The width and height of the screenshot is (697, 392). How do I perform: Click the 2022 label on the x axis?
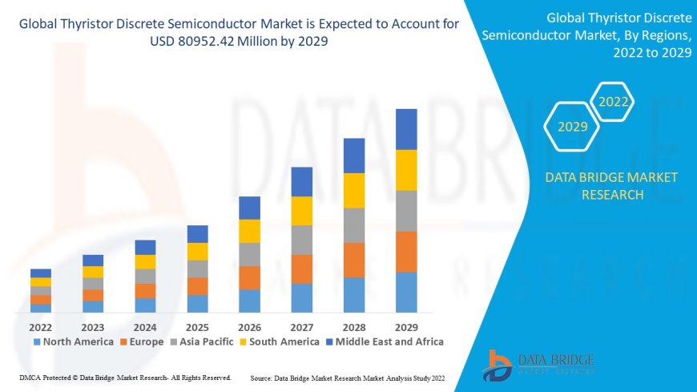(41, 327)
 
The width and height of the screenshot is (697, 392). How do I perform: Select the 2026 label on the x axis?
(249, 327)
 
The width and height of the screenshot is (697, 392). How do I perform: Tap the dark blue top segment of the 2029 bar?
(406, 129)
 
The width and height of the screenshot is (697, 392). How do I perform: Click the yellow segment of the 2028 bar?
(354, 190)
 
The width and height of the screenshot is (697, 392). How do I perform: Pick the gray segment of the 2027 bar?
(301, 240)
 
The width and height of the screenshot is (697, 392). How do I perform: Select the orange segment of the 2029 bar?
(406, 252)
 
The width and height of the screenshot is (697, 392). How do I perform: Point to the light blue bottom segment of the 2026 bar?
(249, 301)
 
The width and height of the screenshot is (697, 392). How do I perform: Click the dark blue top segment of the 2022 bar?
(41, 273)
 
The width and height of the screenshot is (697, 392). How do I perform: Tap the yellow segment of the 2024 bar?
(145, 261)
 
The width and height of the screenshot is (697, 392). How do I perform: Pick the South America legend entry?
(280, 341)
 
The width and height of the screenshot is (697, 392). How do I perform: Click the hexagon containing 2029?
(573, 127)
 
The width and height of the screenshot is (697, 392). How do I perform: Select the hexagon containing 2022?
(614, 102)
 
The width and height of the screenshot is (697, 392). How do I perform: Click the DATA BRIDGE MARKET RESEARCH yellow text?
(611, 186)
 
